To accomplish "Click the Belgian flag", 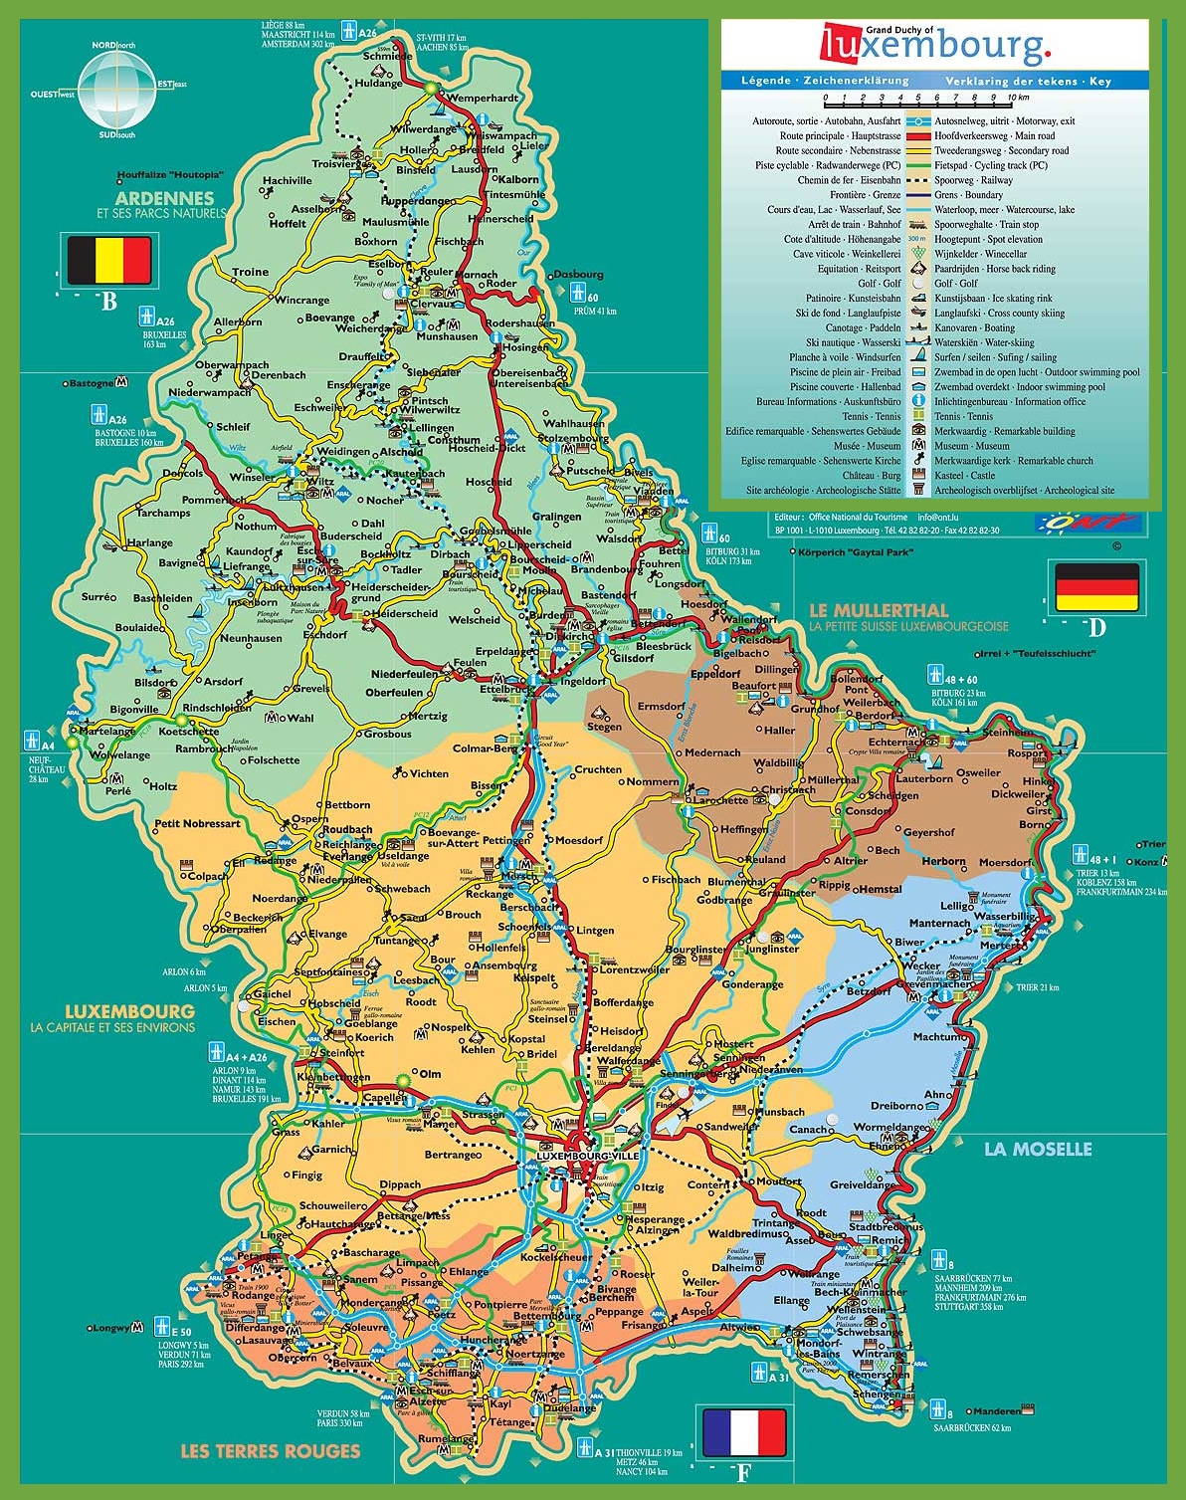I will (x=108, y=260).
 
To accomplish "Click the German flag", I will (x=1095, y=587).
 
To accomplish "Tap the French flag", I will (x=743, y=1432).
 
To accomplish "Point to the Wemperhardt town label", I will (x=483, y=98).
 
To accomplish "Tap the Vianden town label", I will (x=653, y=491).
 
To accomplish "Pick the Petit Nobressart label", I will (x=197, y=823).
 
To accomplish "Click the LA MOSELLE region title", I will (x=1037, y=1149).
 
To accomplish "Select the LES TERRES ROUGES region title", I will (x=270, y=1450).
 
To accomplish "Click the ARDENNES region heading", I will (x=164, y=198).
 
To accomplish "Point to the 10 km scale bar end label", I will (x=1017, y=98).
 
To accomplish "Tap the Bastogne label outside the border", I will (x=91, y=382).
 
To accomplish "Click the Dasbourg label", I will (x=578, y=274).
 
